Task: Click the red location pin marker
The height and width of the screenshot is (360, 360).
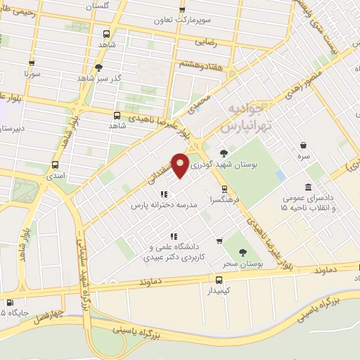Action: tap(181, 165)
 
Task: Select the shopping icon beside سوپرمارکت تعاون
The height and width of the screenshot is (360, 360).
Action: tap(183, 10)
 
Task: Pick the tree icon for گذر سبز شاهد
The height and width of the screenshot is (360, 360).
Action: tap(98, 68)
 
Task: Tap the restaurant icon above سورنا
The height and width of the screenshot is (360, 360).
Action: tap(30, 61)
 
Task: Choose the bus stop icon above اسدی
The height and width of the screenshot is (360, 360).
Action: tap(56, 165)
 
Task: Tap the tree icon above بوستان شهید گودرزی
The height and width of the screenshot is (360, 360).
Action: tap(224, 153)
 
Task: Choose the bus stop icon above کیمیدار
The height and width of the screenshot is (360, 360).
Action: tap(218, 280)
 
